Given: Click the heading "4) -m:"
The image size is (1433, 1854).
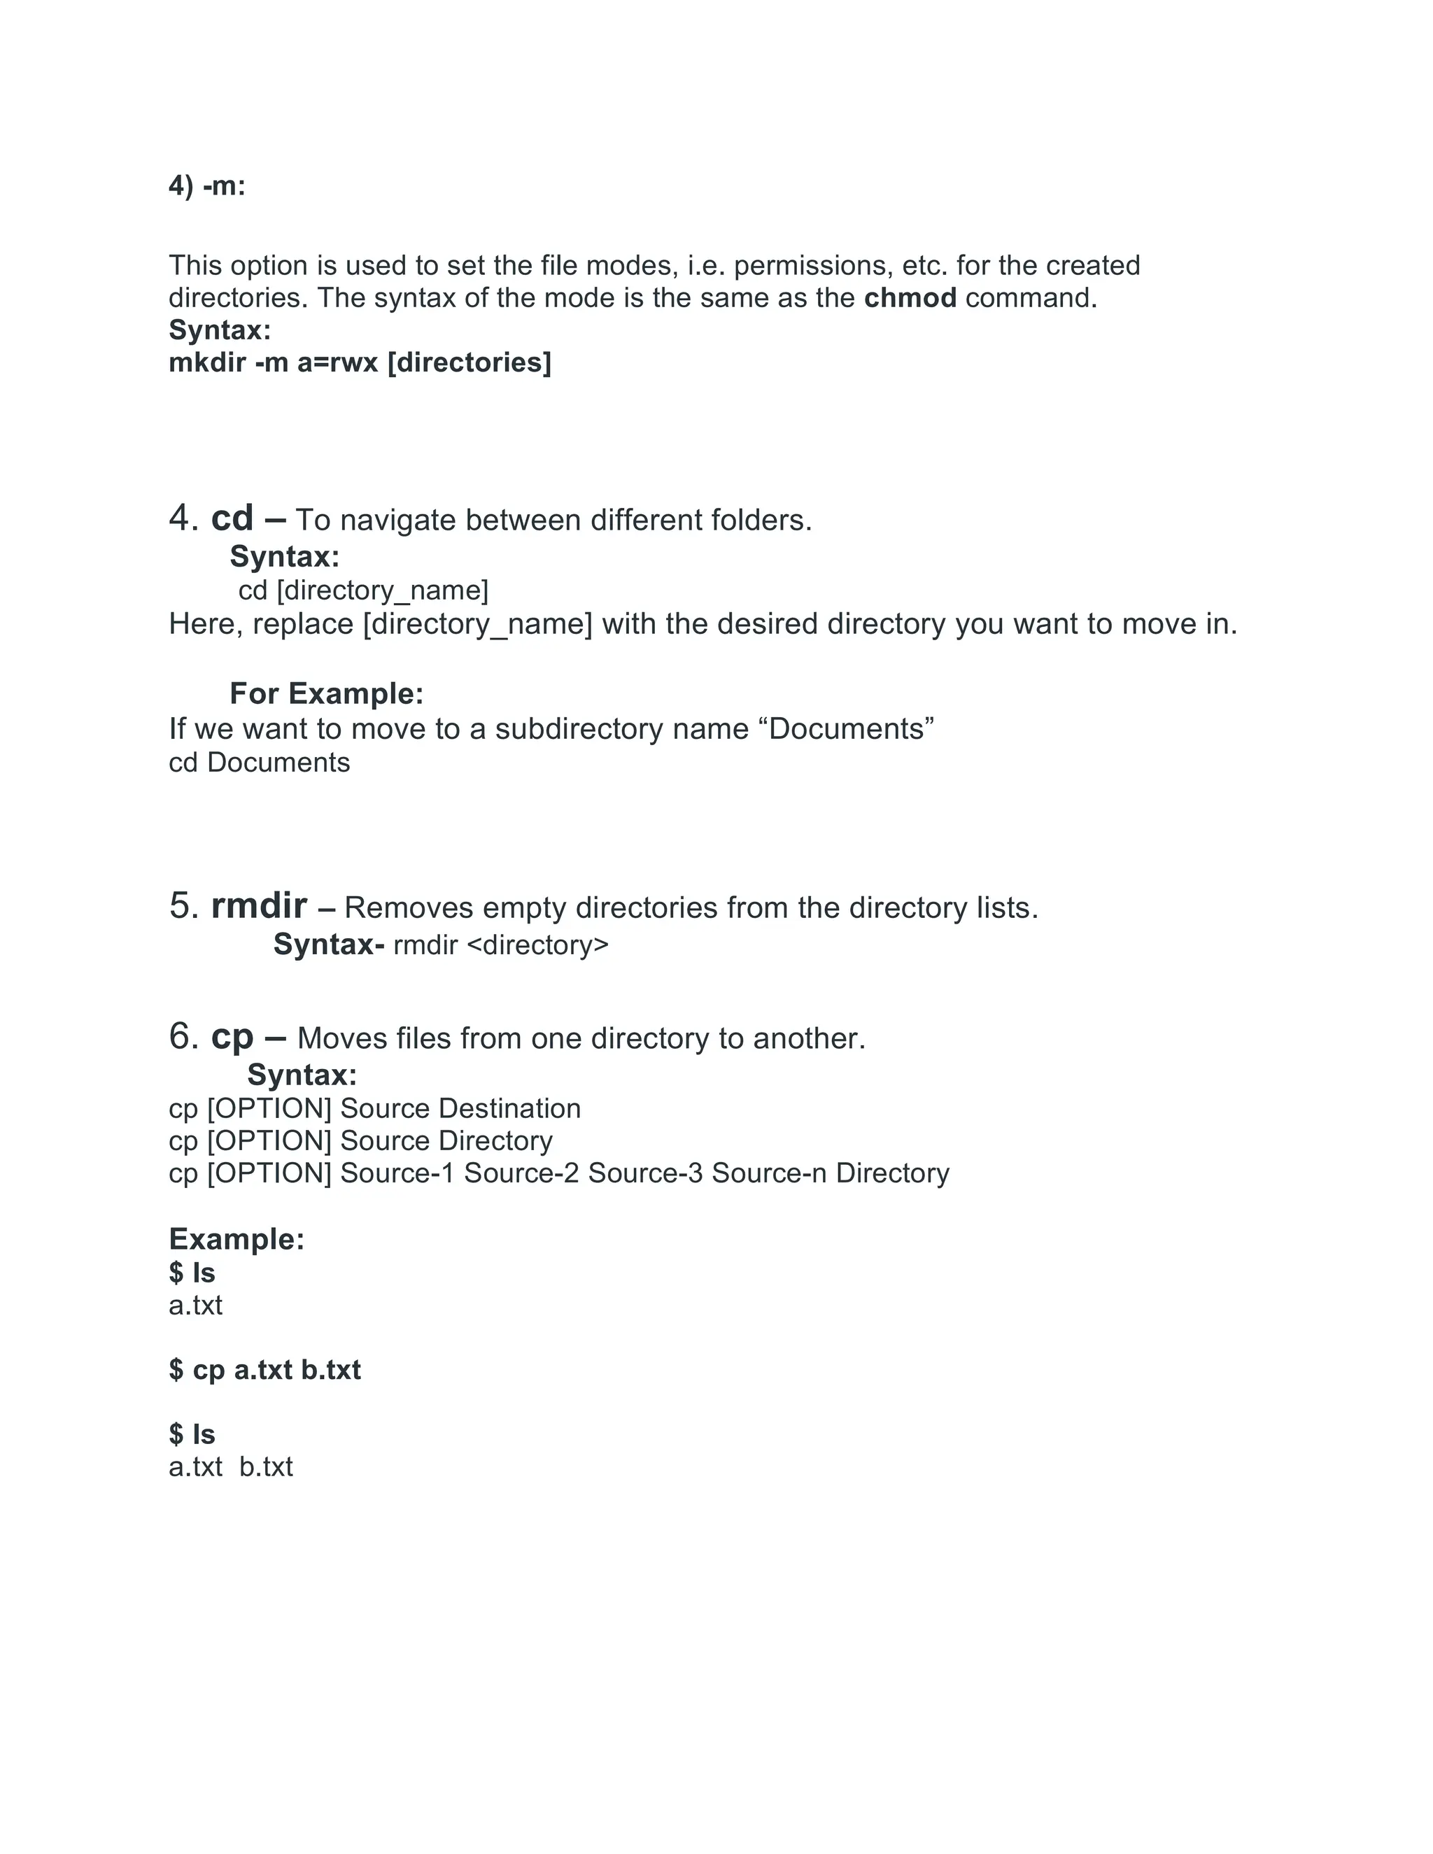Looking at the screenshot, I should tap(207, 186).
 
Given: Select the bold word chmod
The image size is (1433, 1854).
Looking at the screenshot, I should tap(910, 298).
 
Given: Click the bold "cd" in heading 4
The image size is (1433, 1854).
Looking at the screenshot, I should tap(232, 518).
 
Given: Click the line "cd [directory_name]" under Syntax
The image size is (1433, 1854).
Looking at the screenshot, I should tap(363, 590).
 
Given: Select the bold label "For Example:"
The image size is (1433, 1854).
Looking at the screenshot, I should tap(326, 693).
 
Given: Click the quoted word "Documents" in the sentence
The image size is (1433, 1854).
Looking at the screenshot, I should tap(852, 729).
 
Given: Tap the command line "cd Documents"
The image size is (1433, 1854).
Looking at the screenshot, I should tap(259, 763).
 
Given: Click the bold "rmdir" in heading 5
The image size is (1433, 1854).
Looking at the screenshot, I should tap(259, 906).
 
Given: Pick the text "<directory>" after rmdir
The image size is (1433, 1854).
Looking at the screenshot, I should tap(537, 944).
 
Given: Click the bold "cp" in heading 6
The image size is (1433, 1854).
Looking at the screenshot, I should tap(232, 1037).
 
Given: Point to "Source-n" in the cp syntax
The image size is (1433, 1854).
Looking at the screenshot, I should tap(768, 1173).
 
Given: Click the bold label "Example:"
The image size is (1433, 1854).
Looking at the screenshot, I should tap(236, 1240).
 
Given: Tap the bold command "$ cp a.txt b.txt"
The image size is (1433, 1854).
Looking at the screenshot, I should tap(265, 1370).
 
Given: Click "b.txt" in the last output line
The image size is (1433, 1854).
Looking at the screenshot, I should tap(266, 1467).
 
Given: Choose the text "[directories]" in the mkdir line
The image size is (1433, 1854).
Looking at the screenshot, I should tap(469, 362).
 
